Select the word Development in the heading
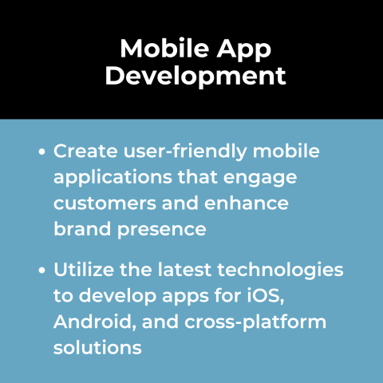[x=196, y=77]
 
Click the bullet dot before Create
[x=41, y=151]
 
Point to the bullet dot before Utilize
[x=41, y=270]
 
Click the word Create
[x=84, y=151]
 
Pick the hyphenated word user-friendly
[x=183, y=151]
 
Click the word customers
[x=103, y=203]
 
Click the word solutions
[x=98, y=348]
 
